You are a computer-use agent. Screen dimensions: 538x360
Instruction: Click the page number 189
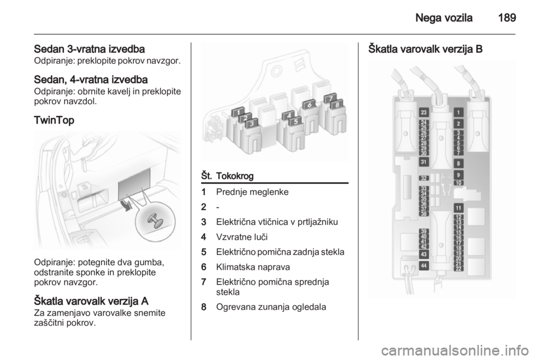pos(507,18)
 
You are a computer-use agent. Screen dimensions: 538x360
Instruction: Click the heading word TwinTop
pos(54,121)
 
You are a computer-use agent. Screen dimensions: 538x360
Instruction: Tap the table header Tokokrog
pos(235,176)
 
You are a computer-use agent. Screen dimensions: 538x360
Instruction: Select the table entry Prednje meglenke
pos(252,192)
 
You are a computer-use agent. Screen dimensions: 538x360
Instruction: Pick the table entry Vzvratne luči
pos(242,237)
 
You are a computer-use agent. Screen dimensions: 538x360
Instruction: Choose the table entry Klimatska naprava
pos(253,267)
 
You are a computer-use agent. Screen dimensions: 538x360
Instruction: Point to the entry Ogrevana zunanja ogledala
pos(271,307)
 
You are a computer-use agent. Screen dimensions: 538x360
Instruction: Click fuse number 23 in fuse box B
pos(424,112)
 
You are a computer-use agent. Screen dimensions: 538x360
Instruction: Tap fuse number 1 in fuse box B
pos(459,112)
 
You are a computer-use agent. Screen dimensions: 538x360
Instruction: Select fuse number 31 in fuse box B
pos(424,162)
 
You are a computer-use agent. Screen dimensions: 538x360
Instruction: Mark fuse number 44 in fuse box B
pos(424,265)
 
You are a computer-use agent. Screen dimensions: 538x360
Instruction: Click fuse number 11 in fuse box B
pos(459,208)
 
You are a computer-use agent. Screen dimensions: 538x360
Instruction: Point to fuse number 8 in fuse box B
pos(459,163)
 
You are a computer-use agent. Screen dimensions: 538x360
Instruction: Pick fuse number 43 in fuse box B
pos(424,255)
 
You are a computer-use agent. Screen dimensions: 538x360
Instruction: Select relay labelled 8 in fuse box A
pos(337,104)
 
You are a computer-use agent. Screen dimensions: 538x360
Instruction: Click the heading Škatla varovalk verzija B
pos(425,49)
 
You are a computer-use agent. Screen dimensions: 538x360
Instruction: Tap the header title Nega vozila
pos(444,18)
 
